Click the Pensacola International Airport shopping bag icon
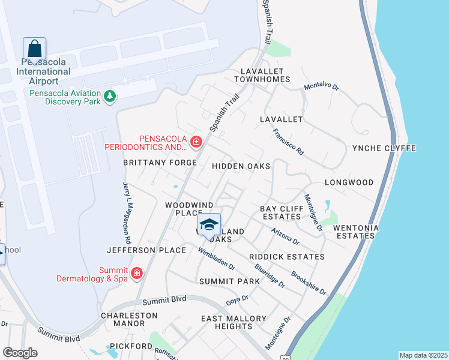(34, 49)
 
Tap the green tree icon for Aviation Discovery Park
(110, 96)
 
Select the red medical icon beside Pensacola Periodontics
(196, 142)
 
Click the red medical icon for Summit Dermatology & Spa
(137, 274)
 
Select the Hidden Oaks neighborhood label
(240, 166)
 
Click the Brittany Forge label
(160, 163)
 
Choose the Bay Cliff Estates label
(280, 212)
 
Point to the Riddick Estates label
(287, 257)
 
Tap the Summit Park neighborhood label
(229, 281)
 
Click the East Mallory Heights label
(234, 322)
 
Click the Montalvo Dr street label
(322, 86)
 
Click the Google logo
(20, 353)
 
